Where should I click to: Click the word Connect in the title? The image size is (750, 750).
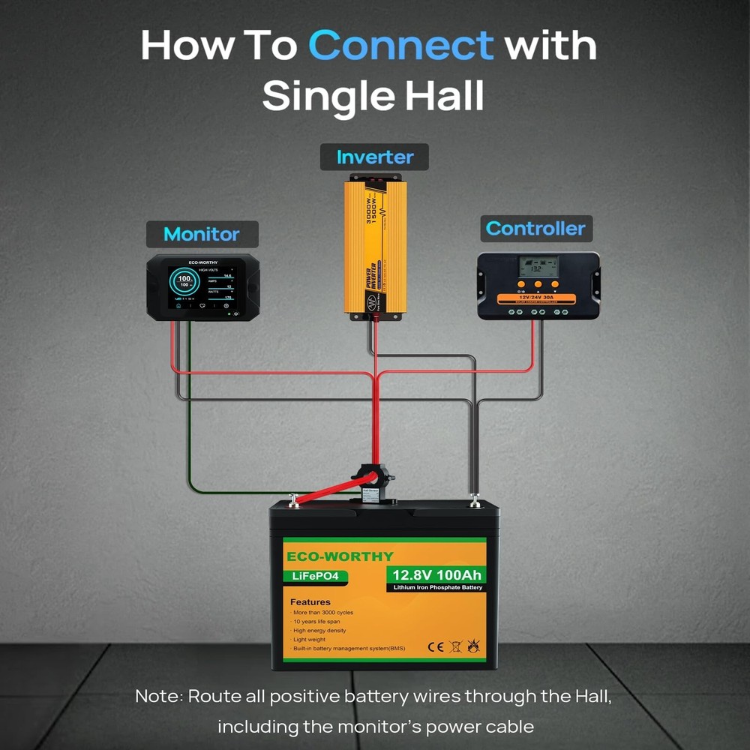pyautogui.click(x=401, y=46)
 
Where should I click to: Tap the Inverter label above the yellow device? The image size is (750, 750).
pyautogui.click(x=374, y=157)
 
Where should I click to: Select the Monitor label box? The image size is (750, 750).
pyautogui.click(x=201, y=234)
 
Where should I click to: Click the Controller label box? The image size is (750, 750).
pyautogui.click(x=535, y=229)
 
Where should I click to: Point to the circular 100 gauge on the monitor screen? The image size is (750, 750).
pyautogui.click(x=184, y=283)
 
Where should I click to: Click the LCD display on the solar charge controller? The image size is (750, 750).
pyautogui.click(x=538, y=266)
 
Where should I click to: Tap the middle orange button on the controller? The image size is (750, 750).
pyautogui.click(x=538, y=285)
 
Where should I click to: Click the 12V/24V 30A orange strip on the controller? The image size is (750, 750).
pyautogui.click(x=538, y=298)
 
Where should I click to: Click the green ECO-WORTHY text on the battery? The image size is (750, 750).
pyautogui.click(x=340, y=556)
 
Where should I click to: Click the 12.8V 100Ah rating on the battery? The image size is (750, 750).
pyautogui.click(x=436, y=575)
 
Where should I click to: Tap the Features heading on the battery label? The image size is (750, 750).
pyautogui.click(x=310, y=601)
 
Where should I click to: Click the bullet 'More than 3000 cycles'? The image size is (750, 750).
pyautogui.click(x=323, y=613)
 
